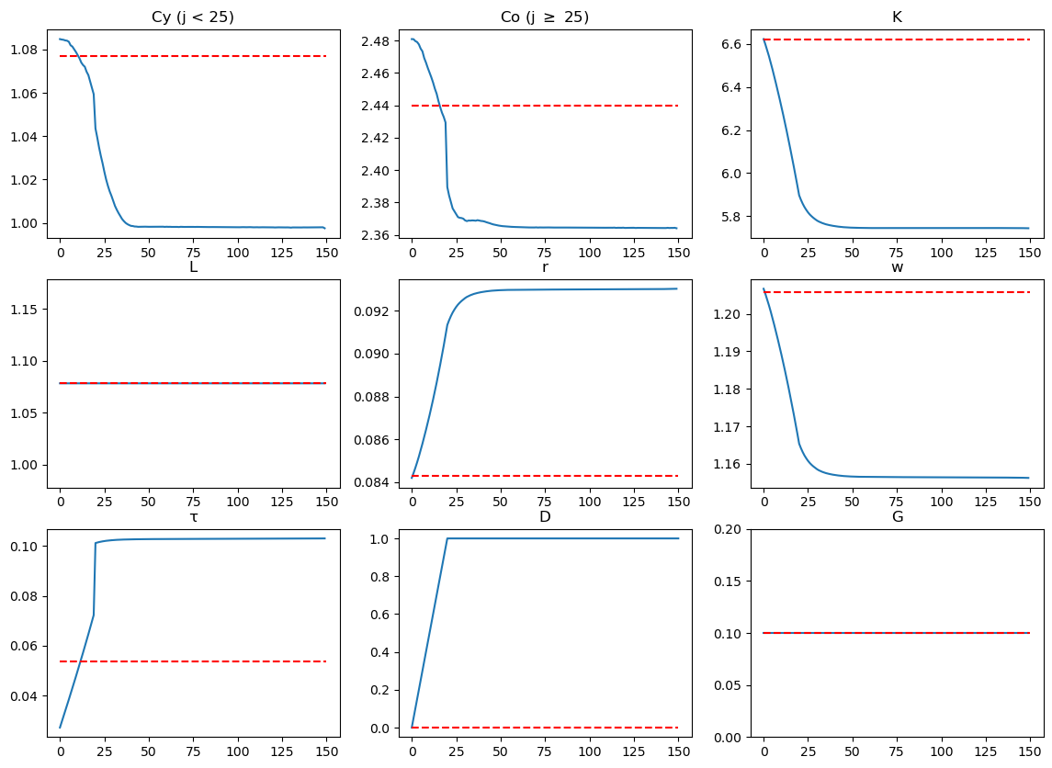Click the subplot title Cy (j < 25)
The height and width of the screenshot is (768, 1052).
click(193, 17)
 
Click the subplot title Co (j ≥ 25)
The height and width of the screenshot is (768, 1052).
click(545, 17)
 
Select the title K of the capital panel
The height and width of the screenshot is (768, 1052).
click(897, 17)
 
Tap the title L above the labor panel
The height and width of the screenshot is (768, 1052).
click(193, 267)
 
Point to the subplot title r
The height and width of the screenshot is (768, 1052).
click(545, 267)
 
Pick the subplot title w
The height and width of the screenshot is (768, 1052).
click(897, 267)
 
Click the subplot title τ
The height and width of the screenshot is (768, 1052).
click(193, 516)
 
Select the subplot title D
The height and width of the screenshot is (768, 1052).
click(545, 516)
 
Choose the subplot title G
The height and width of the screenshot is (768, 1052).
click(897, 516)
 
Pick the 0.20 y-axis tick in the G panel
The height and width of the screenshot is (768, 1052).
click(730, 528)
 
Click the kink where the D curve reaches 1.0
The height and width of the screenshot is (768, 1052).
click(447, 538)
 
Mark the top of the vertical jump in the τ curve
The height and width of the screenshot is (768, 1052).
click(96, 543)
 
